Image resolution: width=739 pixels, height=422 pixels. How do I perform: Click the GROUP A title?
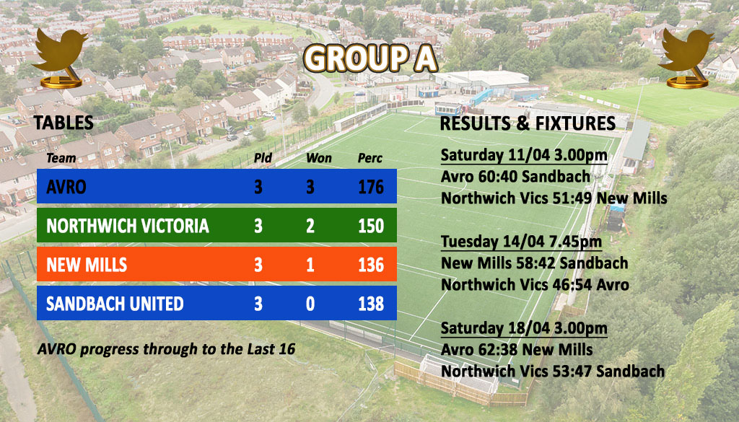point(370,59)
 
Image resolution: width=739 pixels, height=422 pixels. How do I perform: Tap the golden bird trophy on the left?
point(60,58)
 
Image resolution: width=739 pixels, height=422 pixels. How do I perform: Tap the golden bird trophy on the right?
point(686,58)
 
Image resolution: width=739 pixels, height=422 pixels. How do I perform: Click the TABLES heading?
point(64,123)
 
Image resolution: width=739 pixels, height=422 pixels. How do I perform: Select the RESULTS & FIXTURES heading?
point(528,123)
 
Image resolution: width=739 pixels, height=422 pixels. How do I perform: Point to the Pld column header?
point(263,158)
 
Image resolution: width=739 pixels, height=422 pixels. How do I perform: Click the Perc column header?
point(370,158)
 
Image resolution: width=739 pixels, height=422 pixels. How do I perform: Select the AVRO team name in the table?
point(66,187)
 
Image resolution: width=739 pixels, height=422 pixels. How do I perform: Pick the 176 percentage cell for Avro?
point(371,187)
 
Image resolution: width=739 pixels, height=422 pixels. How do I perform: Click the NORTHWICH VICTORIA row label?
point(128,226)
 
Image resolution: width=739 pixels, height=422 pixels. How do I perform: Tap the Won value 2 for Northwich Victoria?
point(310,226)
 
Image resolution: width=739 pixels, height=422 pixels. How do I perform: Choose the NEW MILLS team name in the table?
point(87,265)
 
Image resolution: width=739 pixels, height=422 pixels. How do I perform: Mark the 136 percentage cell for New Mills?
point(371,265)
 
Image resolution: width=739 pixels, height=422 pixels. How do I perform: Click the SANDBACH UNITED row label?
point(115,304)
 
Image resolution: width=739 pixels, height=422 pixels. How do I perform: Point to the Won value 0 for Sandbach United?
point(310,304)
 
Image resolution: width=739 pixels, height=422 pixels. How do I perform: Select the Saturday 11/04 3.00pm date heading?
point(524,155)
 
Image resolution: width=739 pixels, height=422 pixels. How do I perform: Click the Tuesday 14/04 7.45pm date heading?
point(521,242)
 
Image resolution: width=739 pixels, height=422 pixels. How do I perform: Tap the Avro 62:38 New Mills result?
point(517,349)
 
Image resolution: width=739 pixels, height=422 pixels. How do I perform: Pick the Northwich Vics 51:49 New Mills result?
point(554,198)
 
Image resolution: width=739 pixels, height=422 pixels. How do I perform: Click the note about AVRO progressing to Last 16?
point(167,349)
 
